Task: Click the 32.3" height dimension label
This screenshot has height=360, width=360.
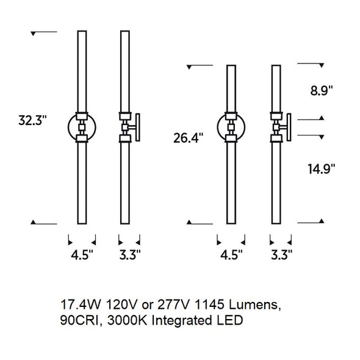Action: point(32,120)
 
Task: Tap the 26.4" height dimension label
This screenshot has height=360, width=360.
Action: point(189,138)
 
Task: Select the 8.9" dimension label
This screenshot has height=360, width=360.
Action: point(322,90)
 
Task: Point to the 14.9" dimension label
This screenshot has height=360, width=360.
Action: point(321,169)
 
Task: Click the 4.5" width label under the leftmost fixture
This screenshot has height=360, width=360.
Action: point(82,254)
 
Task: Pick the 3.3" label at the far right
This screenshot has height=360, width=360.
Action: point(281,254)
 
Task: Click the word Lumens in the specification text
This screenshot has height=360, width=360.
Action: point(255,305)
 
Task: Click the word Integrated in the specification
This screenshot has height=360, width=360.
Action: point(182,321)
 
